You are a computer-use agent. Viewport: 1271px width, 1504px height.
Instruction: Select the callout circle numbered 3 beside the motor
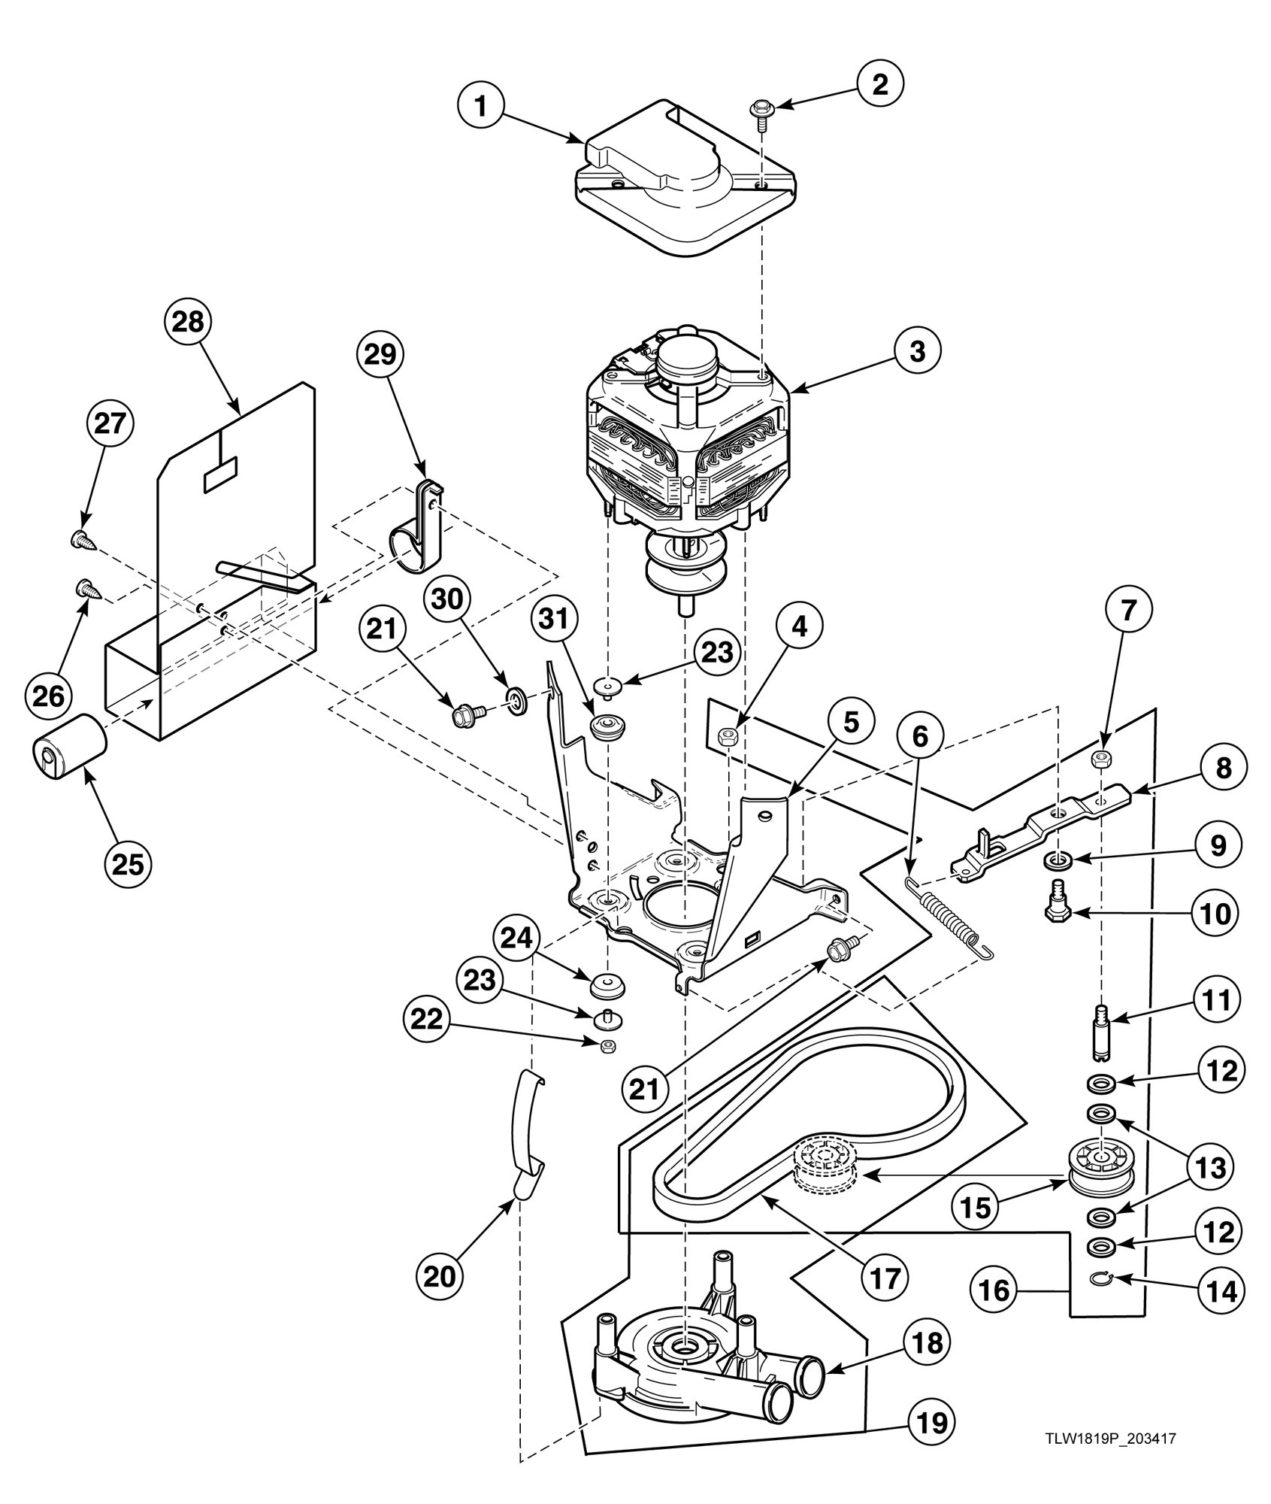click(917, 351)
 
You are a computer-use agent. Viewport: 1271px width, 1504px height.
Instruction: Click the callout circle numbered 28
click(188, 322)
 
